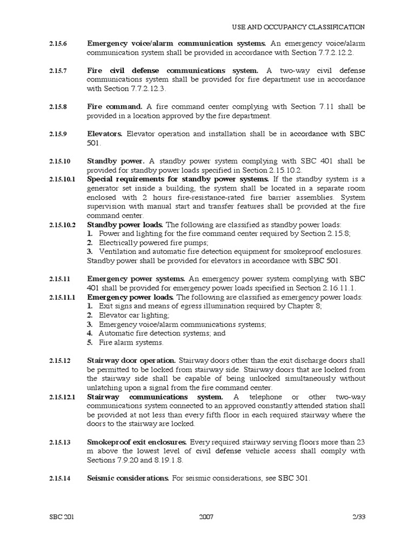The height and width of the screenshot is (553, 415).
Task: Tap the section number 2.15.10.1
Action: coord(61,179)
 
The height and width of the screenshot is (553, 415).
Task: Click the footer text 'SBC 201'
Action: coord(61,516)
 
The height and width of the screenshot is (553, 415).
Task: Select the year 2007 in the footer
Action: coord(206,516)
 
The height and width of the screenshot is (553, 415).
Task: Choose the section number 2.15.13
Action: coord(58,442)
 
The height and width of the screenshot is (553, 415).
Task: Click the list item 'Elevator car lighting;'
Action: coord(133,315)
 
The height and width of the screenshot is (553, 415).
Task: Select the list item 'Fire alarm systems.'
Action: coord(131,342)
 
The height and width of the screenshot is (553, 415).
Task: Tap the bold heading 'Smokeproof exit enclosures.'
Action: coord(137,442)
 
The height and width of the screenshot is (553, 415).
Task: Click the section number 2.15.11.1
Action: coord(61,297)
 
